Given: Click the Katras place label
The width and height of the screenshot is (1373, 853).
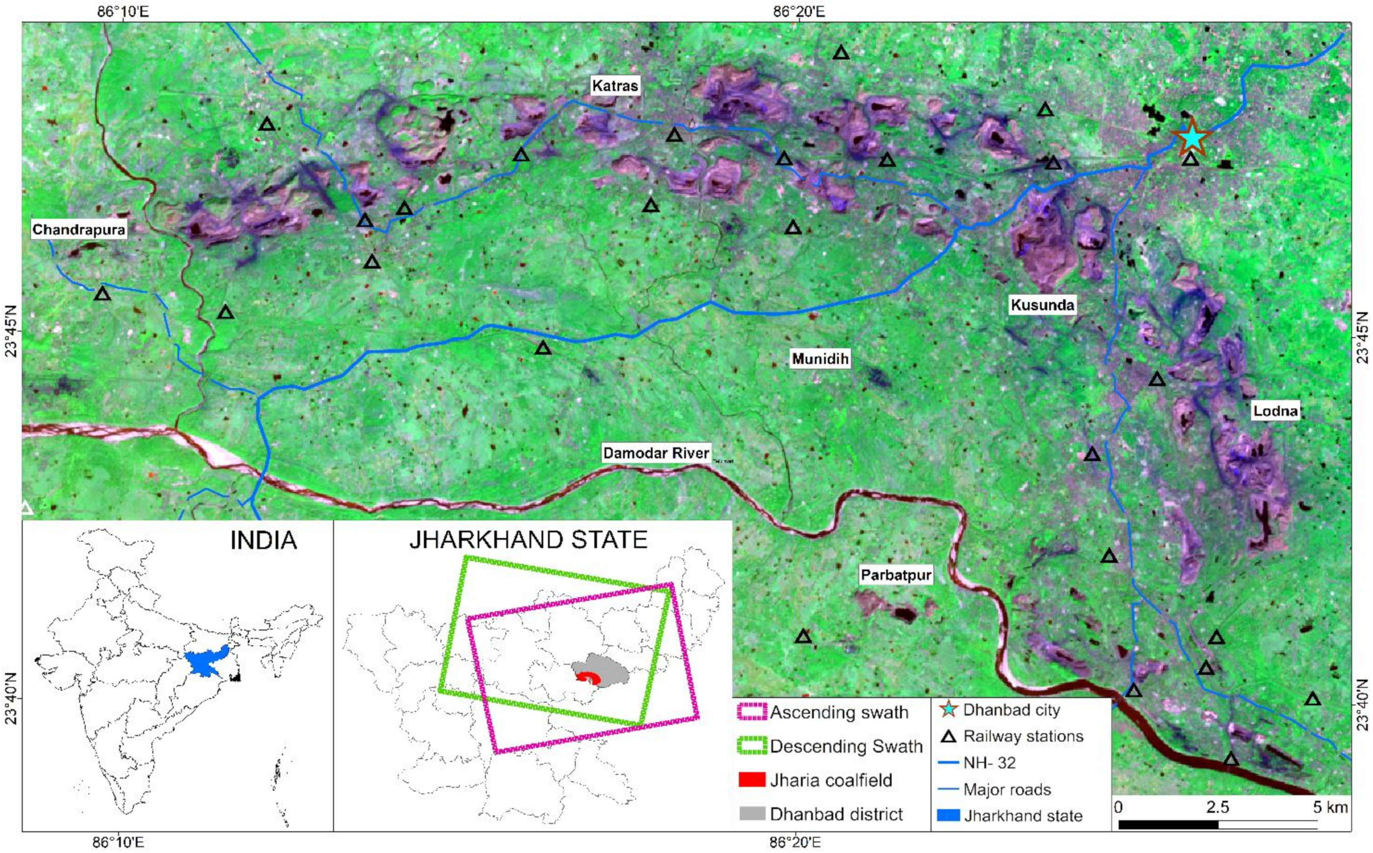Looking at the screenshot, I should (614, 86).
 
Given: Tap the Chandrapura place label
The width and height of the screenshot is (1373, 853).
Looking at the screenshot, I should (79, 229).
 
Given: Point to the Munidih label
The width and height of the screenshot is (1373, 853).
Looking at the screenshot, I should (820, 359).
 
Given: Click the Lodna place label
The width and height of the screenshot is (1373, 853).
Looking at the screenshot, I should (1275, 411).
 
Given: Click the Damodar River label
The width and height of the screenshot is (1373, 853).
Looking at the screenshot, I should (656, 453).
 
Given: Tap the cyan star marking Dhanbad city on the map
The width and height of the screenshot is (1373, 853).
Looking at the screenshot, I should (1191, 138).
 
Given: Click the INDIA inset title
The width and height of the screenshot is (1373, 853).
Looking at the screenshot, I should (263, 540).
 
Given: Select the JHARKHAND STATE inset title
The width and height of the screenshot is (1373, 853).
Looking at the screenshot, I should (528, 540).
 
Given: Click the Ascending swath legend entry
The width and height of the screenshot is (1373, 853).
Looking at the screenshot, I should (839, 712).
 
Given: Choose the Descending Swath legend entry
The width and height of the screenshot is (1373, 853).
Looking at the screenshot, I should (845, 746).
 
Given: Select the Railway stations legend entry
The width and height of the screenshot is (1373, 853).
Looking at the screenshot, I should (1022, 736).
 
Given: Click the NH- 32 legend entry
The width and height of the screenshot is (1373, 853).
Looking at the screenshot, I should (989, 763).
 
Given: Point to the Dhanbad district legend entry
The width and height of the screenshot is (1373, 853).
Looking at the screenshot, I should (836, 814).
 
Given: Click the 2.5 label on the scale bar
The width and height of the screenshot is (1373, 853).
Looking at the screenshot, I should (1217, 807).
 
